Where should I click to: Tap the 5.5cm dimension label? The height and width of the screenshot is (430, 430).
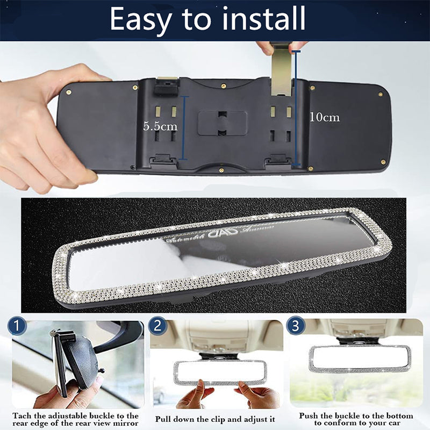159,126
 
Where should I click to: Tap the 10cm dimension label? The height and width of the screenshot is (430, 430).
324,117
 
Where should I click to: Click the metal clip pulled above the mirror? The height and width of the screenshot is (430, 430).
282,70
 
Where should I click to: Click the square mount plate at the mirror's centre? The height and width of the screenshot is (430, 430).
222,123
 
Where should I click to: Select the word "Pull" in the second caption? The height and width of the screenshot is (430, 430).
165,418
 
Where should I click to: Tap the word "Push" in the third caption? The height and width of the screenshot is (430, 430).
309,416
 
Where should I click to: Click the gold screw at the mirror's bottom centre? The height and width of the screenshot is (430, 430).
221,170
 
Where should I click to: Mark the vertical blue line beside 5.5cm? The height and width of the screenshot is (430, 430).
184,127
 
